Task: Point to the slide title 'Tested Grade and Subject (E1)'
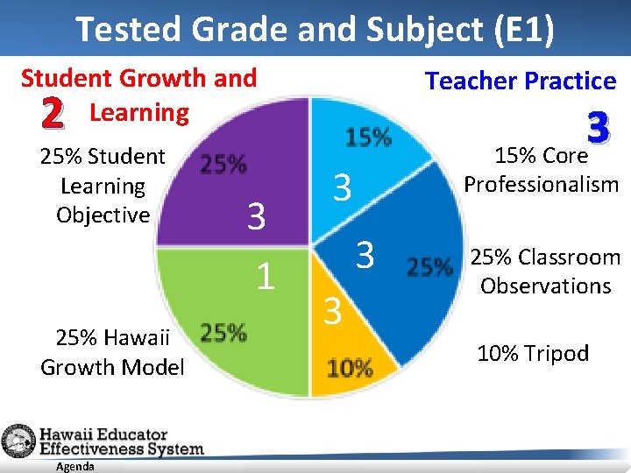pyautogui.click(x=315, y=28)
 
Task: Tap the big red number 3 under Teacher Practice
pyautogui.click(x=598, y=130)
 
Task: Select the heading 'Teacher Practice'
pyautogui.click(x=521, y=81)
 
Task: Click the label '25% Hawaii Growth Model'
pyautogui.click(x=112, y=352)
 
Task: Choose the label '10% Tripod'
pyautogui.click(x=533, y=353)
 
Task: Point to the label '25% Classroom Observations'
pyautogui.click(x=545, y=272)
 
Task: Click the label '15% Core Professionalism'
pyautogui.click(x=541, y=170)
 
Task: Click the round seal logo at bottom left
pyautogui.click(x=18, y=441)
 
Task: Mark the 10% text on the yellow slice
pyautogui.click(x=351, y=368)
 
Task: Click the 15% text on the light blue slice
pyautogui.click(x=369, y=138)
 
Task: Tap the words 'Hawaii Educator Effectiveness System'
pyautogui.click(x=121, y=441)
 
